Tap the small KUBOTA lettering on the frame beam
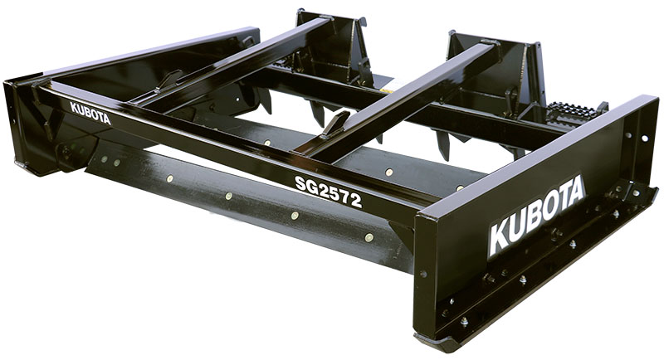point(90,114)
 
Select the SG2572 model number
point(328,191)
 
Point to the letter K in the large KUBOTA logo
point(500,240)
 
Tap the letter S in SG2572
point(300,182)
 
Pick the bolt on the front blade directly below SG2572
point(295,216)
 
